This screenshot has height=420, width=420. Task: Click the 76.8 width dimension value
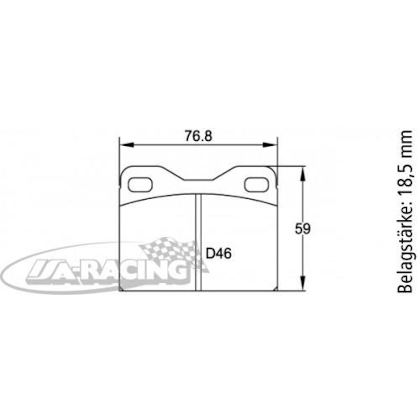point(199,136)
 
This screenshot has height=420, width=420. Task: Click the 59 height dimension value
point(303,229)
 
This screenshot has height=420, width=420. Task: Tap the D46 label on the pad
point(219,254)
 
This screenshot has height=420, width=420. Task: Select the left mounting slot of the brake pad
point(140,185)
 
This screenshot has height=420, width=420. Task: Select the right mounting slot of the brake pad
point(256,185)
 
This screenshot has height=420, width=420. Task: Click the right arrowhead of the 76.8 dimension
point(270,145)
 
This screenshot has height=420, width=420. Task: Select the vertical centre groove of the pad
point(198,241)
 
